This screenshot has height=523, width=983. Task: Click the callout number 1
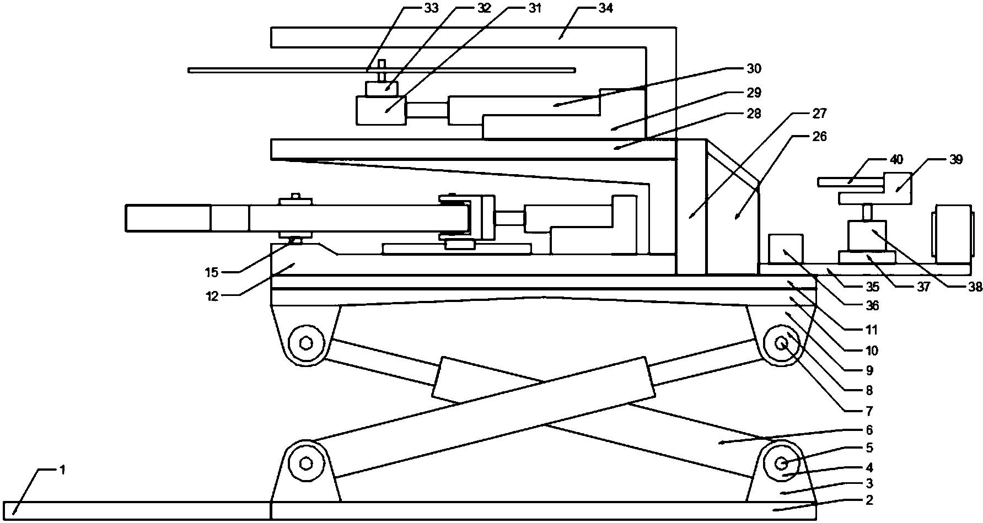(x=63, y=470)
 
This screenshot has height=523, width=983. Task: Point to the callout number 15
(x=212, y=272)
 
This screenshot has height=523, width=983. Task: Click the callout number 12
(x=212, y=296)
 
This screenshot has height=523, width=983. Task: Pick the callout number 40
(x=896, y=160)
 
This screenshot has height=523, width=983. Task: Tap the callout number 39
(x=955, y=160)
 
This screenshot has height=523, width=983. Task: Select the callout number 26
(x=820, y=136)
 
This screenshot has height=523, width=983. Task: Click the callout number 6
(x=869, y=430)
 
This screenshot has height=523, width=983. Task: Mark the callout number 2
(x=869, y=500)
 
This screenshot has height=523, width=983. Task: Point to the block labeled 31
(x=381, y=110)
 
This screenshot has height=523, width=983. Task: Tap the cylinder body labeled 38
(x=867, y=235)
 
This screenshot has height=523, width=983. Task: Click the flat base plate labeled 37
(x=867, y=257)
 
